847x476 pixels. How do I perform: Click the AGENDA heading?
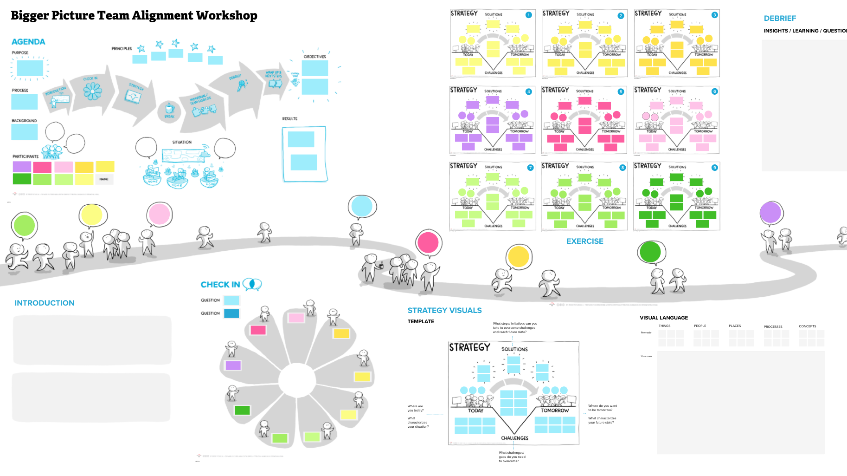pos(28,42)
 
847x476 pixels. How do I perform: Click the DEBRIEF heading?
pos(780,18)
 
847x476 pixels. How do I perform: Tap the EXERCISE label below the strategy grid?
pos(584,241)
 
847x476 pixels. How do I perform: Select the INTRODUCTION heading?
pos(45,303)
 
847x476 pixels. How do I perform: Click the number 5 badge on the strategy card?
pos(621,91)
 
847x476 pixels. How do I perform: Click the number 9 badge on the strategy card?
pos(714,168)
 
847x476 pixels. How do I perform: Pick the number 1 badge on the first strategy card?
pos(528,15)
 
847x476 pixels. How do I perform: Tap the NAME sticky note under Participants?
pos(104,179)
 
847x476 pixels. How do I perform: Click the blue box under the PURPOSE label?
pos(30,68)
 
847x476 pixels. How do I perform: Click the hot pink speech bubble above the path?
pos(428,242)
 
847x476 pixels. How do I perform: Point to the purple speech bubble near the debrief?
pos(770,213)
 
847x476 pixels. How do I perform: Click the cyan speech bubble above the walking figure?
pos(361,207)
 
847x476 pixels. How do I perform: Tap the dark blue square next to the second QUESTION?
pos(231,313)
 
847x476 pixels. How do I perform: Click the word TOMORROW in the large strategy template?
pos(554,411)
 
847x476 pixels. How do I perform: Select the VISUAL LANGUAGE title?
pos(663,318)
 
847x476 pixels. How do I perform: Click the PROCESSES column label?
pos(773,326)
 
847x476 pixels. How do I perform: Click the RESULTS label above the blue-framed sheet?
pos(289,119)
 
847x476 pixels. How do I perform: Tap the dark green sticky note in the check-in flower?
pos(242,410)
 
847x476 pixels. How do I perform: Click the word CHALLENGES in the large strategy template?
pos(514,438)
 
